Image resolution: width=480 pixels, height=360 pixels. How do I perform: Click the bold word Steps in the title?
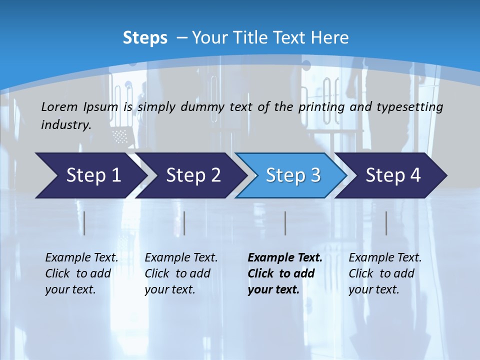[x=145, y=38]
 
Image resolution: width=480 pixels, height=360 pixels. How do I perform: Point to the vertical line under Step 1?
[x=84, y=223]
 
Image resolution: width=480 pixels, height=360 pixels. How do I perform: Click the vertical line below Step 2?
[x=184, y=223]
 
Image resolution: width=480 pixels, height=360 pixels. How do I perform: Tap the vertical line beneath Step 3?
[x=285, y=223]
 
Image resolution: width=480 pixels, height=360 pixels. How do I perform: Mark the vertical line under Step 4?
[x=386, y=223]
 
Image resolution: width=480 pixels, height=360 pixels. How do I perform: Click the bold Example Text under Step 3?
[x=284, y=258]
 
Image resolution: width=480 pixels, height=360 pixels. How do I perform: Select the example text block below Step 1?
[x=81, y=273]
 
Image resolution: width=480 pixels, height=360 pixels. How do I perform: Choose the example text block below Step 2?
[x=180, y=273]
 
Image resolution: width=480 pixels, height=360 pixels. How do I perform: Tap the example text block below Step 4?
[x=384, y=273]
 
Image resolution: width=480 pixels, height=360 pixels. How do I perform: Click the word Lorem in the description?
[x=59, y=107]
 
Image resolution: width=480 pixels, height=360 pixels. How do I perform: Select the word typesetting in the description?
[x=413, y=107]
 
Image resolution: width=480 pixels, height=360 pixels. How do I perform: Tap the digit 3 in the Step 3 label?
[x=315, y=175]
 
